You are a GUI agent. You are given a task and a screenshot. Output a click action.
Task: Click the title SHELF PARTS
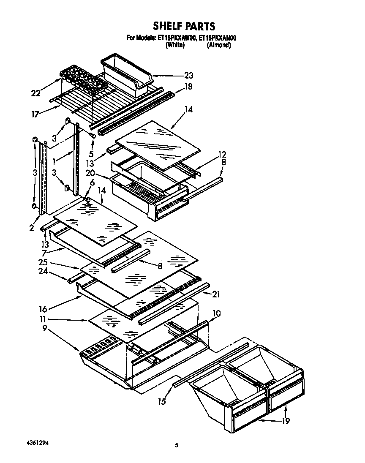[184, 26]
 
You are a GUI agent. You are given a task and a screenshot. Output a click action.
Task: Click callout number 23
[188, 76]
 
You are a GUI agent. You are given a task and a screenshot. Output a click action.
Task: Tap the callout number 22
[36, 93]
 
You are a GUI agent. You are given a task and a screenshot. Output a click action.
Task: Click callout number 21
[216, 294]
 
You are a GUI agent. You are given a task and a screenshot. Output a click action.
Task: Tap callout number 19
[286, 421]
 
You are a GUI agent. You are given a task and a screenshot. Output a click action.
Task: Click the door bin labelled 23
[127, 74]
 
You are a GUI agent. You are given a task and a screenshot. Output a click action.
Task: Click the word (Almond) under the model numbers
[218, 45]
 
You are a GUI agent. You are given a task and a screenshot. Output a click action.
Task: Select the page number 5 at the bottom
[177, 445]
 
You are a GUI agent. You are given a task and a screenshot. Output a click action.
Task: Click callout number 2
[31, 229]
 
